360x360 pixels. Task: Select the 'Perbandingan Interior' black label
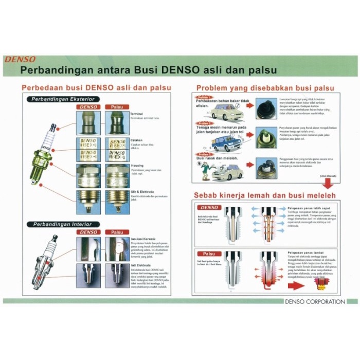61,225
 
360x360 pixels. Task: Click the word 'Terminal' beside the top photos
137,113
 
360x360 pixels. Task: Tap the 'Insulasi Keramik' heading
145,239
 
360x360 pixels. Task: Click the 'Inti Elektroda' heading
141,265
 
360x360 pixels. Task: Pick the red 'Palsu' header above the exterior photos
117,107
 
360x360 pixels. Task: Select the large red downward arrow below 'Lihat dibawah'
327,183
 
